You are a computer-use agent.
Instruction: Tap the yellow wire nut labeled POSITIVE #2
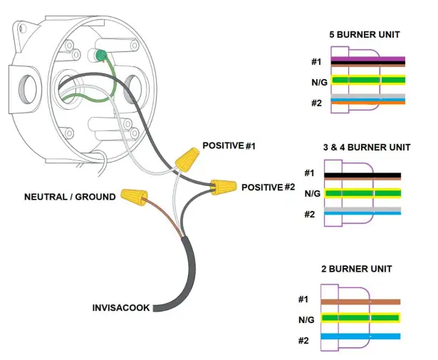point(224,187)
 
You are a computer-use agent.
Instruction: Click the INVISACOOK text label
point(120,308)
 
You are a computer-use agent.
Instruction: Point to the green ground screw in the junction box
point(101,55)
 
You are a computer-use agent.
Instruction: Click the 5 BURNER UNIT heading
point(364,34)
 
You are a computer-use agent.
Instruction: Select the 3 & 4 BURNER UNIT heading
point(366,148)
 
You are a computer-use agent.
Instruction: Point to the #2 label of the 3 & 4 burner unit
point(309,215)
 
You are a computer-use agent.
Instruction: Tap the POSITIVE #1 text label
point(229,145)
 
